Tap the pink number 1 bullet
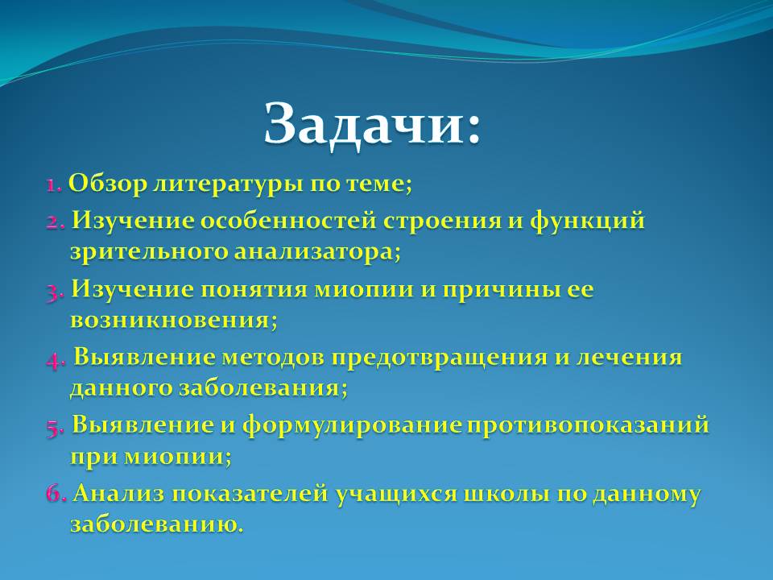[x=54, y=184]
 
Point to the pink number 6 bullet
[x=56, y=494]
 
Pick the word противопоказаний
[x=588, y=425]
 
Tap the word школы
[x=506, y=494]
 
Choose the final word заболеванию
[x=157, y=524]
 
